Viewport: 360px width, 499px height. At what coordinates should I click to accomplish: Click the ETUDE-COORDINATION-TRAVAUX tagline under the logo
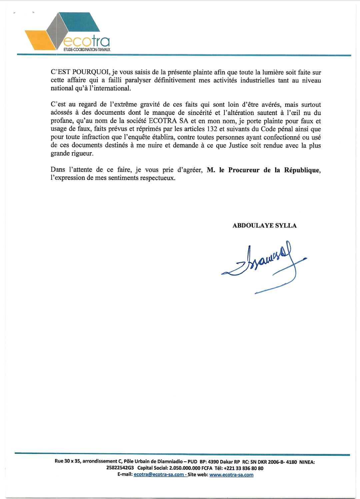[x=87, y=50]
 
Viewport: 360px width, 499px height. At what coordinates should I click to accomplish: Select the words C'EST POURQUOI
[x=80, y=72]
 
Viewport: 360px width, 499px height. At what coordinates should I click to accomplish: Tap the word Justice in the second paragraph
[x=238, y=145]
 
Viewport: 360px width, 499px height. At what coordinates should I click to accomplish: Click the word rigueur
[x=82, y=153]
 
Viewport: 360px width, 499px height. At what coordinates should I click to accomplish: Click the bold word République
[x=302, y=170]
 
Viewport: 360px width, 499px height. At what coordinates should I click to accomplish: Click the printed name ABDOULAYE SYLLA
[x=264, y=225]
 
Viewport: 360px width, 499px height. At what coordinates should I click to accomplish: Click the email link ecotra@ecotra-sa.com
[x=159, y=475]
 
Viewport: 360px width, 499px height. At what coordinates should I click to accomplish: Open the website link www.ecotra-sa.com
[x=231, y=475]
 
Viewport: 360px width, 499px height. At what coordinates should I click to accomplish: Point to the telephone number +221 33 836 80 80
[x=243, y=468]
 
